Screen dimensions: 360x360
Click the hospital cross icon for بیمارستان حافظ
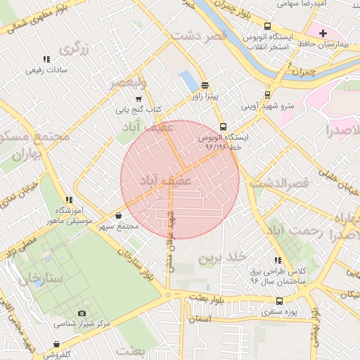pos(323,33)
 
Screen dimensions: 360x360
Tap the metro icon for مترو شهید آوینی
pos(267,95)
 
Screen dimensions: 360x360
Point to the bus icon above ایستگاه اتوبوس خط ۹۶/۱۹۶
pos(223,127)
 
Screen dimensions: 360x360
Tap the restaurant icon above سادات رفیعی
pos(46,59)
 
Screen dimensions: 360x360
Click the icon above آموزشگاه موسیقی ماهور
pos(69,200)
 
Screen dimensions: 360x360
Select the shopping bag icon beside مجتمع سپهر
pos(117,215)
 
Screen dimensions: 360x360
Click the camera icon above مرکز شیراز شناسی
pos(82,313)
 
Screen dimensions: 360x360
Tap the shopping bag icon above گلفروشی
pos(57,344)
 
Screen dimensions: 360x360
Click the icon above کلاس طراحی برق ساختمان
pos(278,259)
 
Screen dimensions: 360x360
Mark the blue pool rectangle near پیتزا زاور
pos(188,81)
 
